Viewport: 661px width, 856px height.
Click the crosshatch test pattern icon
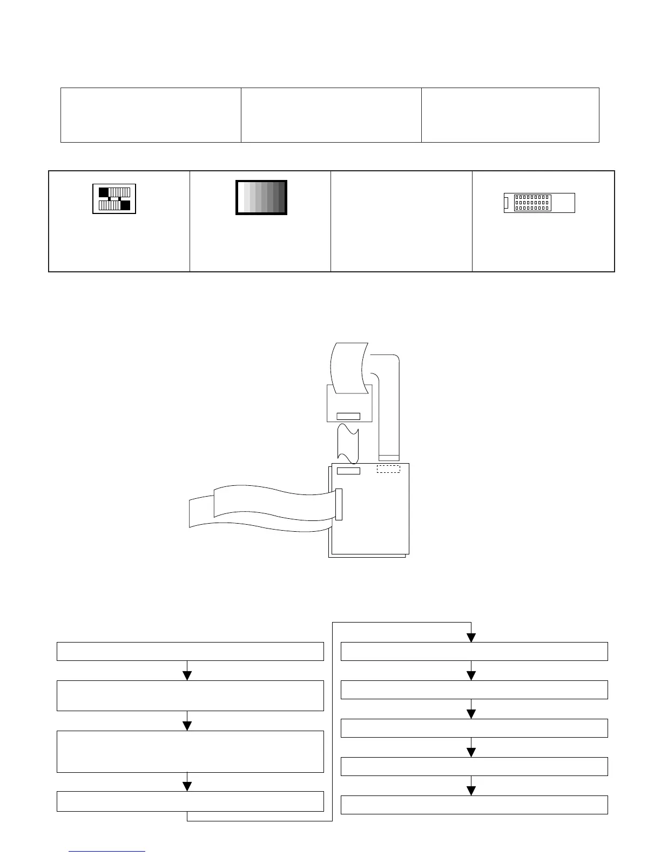[x=114, y=199]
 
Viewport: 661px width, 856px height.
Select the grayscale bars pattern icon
[x=261, y=197]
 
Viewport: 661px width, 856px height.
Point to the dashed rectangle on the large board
[x=388, y=469]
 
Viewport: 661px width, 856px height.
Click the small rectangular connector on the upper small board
[x=348, y=416]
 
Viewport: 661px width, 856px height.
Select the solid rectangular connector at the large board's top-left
[x=348, y=471]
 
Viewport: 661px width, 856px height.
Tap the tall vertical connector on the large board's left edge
[x=339, y=504]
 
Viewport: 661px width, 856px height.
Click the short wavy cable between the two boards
[x=348, y=443]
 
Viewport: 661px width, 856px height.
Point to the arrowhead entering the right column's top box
[x=471, y=638]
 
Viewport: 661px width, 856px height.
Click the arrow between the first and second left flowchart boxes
[x=187, y=675]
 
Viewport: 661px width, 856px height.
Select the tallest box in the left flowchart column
[x=190, y=751]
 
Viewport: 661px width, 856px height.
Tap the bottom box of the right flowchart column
[x=474, y=805]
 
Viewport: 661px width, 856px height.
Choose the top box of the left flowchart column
[x=190, y=651]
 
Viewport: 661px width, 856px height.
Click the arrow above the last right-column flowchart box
[x=471, y=790]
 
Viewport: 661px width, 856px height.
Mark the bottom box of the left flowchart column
[x=190, y=801]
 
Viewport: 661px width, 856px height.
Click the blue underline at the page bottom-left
[x=107, y=852]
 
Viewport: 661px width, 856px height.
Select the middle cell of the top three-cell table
[x=330, y=115]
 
